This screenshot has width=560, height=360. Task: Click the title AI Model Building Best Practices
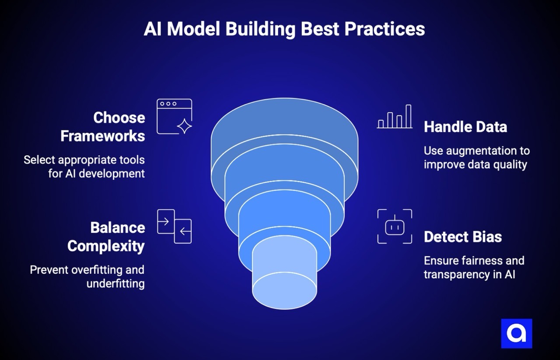coord(284,29)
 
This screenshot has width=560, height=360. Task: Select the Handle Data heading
coord(465,127)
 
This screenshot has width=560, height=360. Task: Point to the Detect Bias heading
coord(462,237)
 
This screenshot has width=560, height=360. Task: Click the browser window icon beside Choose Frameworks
coord(174,116)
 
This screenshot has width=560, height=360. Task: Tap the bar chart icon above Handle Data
coord(395,117)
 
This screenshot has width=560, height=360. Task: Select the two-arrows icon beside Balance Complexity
coord(174,226)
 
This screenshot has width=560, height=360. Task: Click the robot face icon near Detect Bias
coord(395,226)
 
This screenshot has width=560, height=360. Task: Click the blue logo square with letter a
coord(516,333)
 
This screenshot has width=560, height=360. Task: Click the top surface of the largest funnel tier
coord(284,116)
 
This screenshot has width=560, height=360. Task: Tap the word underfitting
coord(115,283)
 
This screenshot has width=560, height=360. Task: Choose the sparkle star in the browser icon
coord(184,126)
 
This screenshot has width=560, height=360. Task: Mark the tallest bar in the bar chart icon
coord(408,116)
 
